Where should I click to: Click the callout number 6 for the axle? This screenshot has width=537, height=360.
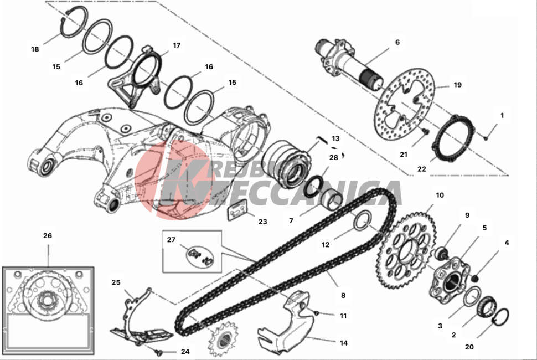pos(397,42)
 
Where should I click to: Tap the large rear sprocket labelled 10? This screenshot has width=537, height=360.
pos(406,251)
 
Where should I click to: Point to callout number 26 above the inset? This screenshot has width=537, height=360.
pos(48,235)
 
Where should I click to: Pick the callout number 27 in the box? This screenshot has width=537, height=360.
pos(171,240)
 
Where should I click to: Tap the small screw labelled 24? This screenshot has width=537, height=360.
pos(158,352)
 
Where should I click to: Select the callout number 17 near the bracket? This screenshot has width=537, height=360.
pos(177,45)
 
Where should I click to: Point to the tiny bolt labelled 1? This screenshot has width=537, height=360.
pos(486,138)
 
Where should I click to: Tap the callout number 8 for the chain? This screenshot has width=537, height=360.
pos(343,295)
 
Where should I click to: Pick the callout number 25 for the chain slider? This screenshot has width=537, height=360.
pos(116,282)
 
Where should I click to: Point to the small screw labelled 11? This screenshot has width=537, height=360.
pos(317,313)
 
